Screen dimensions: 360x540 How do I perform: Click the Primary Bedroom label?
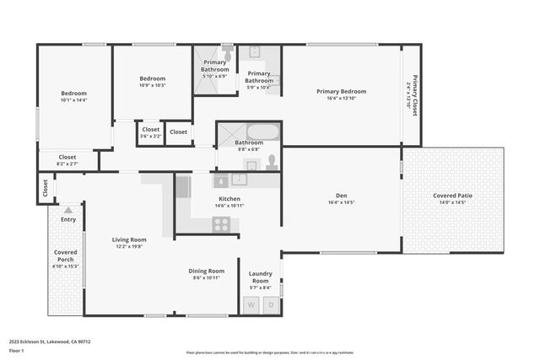[341, 91]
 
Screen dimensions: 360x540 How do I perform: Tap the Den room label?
[341, 195]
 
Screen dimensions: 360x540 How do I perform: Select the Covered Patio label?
[452, 196]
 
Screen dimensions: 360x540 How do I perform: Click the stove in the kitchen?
[221, 224]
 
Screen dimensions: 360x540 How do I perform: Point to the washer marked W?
[251, 304]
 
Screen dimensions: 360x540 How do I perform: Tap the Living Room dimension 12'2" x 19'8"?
[129, 247]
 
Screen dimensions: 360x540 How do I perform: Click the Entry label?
[68, 219]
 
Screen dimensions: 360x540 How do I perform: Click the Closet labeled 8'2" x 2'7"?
[67, 157]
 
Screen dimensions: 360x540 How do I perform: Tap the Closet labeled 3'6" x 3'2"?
[150, 130]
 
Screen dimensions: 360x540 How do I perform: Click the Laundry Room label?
[259, 277]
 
